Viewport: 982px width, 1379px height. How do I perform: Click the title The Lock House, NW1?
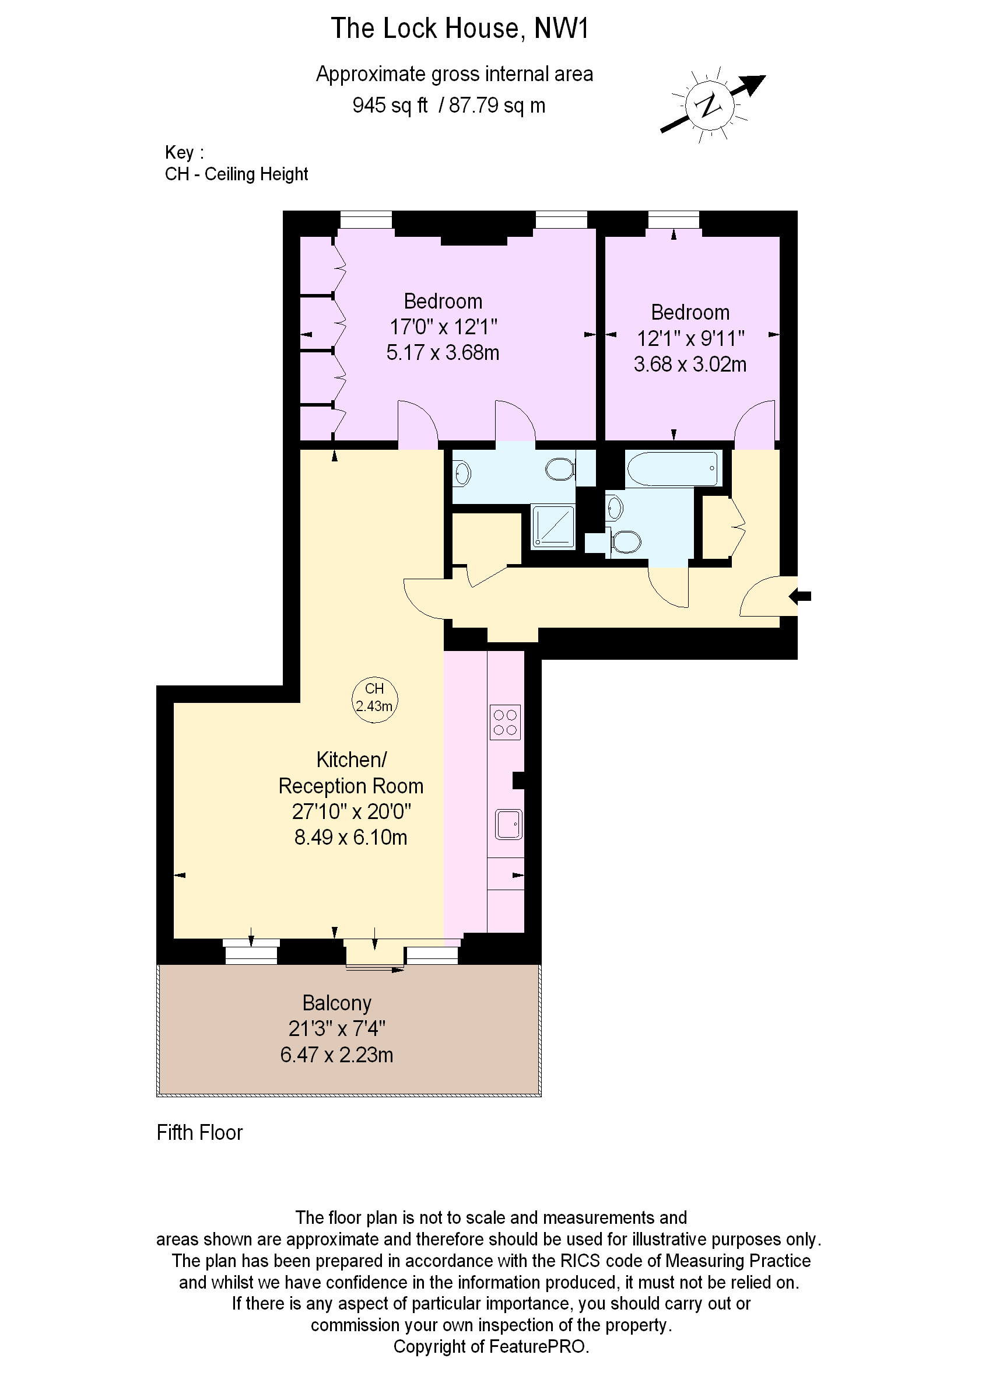pos(460,29)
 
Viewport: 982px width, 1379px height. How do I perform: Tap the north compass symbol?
pos(711,105)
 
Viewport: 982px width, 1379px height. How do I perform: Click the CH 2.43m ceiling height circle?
pos(374,700)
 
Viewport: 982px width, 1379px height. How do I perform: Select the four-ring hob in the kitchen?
pos(505,722)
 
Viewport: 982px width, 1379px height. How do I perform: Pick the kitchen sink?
pos(508,824)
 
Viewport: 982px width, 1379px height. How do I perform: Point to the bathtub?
pos(673,468)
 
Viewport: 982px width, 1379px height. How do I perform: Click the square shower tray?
pos(553,527)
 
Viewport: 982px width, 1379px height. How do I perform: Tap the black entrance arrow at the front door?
pos(800,596)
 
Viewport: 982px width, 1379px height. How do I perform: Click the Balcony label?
pos(337,1003)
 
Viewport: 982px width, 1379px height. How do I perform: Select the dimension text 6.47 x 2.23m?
pos(336,1054)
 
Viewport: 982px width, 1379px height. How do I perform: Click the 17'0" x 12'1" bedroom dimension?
pos(443,327)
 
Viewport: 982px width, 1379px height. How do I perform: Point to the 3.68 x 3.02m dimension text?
pos(690,364)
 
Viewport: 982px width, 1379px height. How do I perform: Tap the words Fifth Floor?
pos(199,1132)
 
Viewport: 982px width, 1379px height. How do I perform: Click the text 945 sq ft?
pos(390,105)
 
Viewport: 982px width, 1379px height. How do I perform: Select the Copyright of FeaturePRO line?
pos(491,1346)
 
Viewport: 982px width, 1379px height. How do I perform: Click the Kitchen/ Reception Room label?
pos(350,772)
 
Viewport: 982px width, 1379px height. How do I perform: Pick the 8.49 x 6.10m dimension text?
pos(350,837)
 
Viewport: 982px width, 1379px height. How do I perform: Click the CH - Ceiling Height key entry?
pos(236,174)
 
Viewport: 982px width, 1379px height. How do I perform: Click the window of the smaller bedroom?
pos(673,219)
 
